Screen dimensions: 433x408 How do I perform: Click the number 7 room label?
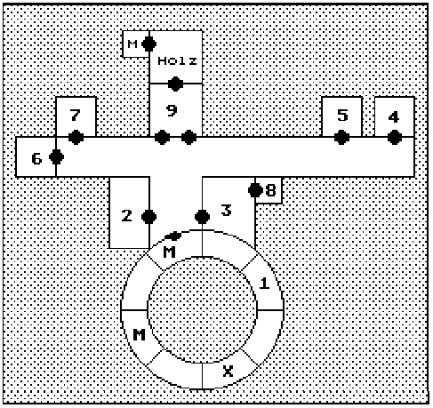click(x=76, y=116)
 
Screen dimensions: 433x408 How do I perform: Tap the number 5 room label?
click(x=342, y=116)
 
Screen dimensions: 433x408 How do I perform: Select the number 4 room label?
click(x=394, y=117)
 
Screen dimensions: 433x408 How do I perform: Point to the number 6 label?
click(x=36, y=159)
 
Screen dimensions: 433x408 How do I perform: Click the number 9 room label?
click(x=172, y=110)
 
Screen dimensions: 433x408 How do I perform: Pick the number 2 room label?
click(x=127, y=216)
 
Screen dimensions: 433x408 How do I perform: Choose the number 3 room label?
click(x=226, y=210)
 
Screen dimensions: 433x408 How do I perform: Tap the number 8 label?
click(x=270, y=190)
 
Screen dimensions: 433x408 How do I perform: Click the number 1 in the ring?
click(x=264, y=283)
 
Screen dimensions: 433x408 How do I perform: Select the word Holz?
click(x=177, y=61)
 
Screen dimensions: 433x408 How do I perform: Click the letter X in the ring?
click(x=228, y=371)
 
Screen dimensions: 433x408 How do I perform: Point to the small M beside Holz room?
click(x=132, y=44)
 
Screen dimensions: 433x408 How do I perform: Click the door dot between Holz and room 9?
click(x=175, y=84)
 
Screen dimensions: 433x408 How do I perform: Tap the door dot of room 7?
click(x=76, y=137)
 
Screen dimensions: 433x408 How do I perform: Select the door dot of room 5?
click(x=341, y=137)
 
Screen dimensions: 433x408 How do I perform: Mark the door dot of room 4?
click(x=395, y=137)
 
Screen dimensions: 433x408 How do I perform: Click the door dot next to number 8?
click(x=255, y=190)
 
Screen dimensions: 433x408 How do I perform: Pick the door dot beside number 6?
click(x=56, y=156)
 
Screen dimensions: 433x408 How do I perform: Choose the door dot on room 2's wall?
click(x=149, y=217)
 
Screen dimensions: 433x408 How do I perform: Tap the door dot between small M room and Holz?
click(x=149, y=44)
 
